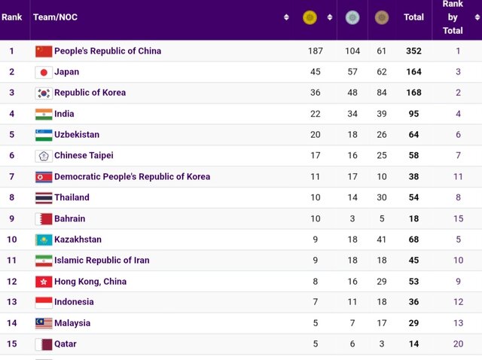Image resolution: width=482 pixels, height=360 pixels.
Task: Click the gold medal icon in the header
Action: [310, 17]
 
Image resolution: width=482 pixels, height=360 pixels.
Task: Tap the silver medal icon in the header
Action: [352, 17]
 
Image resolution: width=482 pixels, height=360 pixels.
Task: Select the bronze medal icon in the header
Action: [382, 17]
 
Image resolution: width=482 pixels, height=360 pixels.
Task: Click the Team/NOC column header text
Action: [55, 17]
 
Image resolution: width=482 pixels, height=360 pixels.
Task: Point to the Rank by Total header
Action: [453, 17]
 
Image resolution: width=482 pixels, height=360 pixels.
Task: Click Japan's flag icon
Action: [44, 72]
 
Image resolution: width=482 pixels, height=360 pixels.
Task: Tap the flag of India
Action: [44, 114]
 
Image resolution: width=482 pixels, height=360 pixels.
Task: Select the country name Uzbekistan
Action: [77, 135]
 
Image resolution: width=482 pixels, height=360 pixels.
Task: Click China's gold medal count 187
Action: [315, 51]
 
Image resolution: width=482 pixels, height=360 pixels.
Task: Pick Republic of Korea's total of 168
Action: [413, 93]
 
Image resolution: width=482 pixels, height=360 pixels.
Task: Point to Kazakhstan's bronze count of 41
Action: [381, 239]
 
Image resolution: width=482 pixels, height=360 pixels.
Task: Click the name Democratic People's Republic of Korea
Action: [132, 177]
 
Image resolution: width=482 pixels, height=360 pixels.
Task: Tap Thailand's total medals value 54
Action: [413, 197]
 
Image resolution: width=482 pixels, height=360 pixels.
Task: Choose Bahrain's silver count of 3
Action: [352, 218]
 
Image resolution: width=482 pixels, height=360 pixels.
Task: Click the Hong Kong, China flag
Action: [44, 282]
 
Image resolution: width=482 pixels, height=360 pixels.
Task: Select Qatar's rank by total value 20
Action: [458, 344]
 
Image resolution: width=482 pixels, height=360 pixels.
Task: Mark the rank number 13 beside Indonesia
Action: [12, 302]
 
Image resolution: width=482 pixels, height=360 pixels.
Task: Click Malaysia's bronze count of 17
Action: [381, 323]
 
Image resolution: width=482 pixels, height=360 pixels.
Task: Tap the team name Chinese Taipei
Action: [84, 156]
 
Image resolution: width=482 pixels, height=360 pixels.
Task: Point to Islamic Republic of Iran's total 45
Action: [413, 261]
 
